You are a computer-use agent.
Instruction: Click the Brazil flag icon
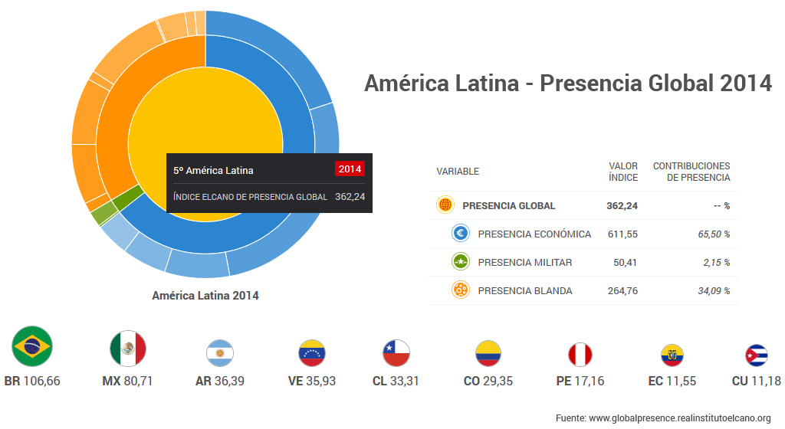(32, 346)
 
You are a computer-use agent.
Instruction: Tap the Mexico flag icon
(128, 349)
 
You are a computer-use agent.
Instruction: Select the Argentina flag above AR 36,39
(220, 353)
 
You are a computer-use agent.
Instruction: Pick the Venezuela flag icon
(311, 353)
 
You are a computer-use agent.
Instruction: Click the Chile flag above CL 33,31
(396, 353)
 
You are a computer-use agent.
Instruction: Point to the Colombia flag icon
(488, 353)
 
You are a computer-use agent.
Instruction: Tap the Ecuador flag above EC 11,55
(672, 355)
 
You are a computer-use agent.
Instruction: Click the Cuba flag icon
(757, 355)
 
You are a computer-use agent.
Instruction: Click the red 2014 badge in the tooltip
(350, 169)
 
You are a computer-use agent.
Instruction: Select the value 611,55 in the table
(622, 234)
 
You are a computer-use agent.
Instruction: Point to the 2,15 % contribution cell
(716, 262)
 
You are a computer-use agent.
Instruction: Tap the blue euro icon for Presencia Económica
(461, 234)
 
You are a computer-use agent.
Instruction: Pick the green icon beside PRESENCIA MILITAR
(461, 262)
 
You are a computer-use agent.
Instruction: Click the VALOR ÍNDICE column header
(622, 172)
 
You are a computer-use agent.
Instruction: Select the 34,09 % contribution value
(714, 290)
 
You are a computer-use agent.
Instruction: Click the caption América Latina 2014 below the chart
(205, 295)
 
